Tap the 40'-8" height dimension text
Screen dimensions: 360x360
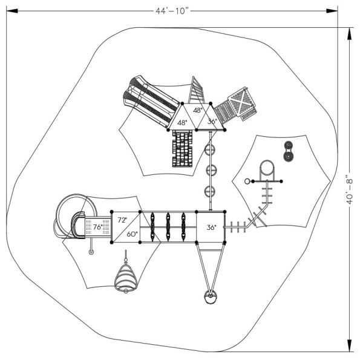click(350, 190)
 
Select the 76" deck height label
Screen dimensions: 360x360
click(97, 227)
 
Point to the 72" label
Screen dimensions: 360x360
click(123, 220)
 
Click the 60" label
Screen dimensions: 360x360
click(132, 234)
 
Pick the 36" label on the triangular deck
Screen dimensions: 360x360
click(211, 122)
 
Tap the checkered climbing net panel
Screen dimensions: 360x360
click(182, 149)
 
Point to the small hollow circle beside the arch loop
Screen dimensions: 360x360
click(247, 182)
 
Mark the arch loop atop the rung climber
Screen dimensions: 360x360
click(266, 169)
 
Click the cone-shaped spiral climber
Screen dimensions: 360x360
click(126, 279)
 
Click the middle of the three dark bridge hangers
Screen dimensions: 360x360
click(168, 226)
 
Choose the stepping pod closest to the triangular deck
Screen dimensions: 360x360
click(211, 148)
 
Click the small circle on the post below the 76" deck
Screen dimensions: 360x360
click(91, 253)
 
